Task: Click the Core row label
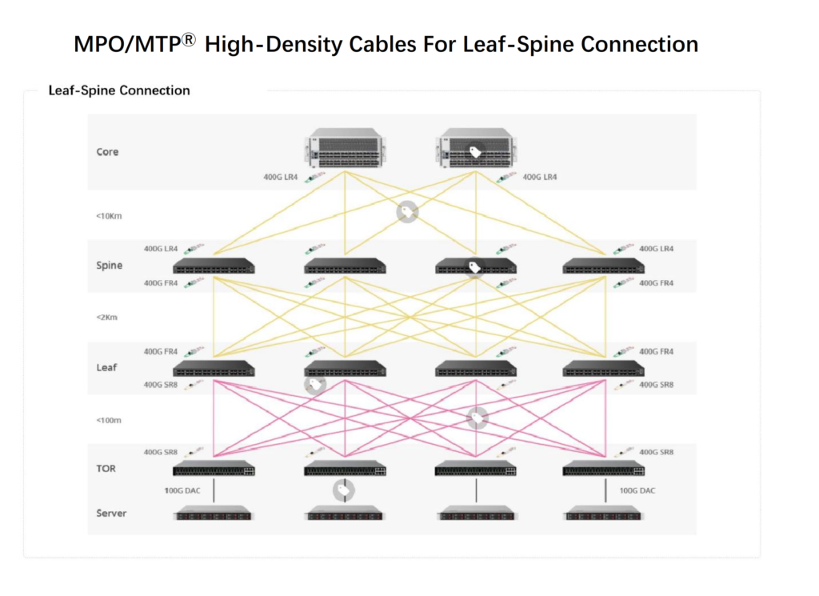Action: (107, 152)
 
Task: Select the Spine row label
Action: (109, 265)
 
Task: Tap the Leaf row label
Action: (106, 367)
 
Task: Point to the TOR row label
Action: (106, 468)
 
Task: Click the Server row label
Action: (111, 513)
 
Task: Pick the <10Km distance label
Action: (109, 215)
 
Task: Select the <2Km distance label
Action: (107, 318)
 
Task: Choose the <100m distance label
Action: (109, 420)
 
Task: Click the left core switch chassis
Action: (344, 150)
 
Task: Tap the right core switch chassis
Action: (476, 150)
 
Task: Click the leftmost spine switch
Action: (214, 265)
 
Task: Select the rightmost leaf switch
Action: (605, 368)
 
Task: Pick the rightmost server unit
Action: (605, 513)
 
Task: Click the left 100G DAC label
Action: (182, 490)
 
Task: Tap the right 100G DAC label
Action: (637, 490)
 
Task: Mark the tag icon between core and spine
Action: (407, 211)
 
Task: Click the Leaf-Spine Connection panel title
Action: (119, 90)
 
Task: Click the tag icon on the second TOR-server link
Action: (344, 490)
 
